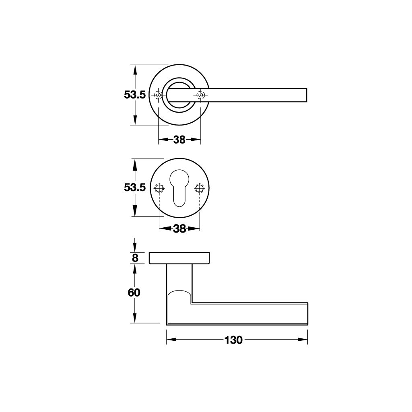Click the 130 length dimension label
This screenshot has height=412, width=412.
[233, 340]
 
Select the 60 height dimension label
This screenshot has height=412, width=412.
[134, 293]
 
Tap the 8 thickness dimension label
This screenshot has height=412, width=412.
[135, 258]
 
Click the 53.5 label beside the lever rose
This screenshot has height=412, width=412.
[135, 95]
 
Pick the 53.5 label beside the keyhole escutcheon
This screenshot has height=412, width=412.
[135, 187]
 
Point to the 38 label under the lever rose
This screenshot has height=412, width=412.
[179, 140]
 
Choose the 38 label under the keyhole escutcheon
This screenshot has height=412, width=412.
[179, 229]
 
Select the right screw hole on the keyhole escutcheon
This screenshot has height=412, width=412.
[200, 188]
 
